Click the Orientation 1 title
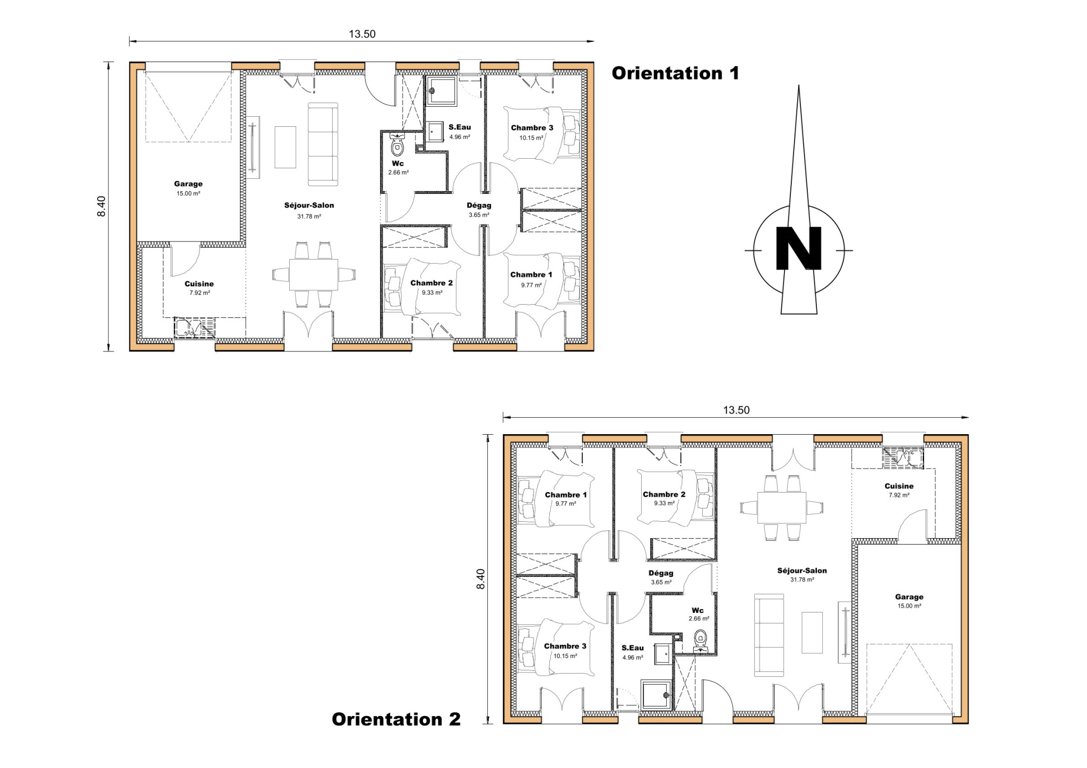pyautogui.click(x=675, y=73)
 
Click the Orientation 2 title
pyautogui.click(x=396, y=719)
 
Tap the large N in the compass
pyautogui.click(x=798, y=249)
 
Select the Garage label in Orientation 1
pyautogui.click(x=188, y=184)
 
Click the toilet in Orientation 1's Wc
pyautogui.click(x=398, y=146)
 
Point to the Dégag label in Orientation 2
pyautogui.click(x=661, y=573)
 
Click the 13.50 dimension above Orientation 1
pyautogui.click(x=362, y=34)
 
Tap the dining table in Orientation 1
pyautogui.click(x=313, y=274)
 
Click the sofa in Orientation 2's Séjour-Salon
pyautogui.click(x=769, y=635)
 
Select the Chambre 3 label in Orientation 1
pyautogui.click(x=532, y=128)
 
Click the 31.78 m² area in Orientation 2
pyautogui.click(x=802, y=580)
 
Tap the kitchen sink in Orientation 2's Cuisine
pyautogui.click(x=903, y=458)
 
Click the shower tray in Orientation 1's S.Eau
pyautogui.click(x=442, y=91)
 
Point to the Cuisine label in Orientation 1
pyautogui.click(x=199, y=284)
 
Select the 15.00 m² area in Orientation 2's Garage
pyautogui.click(x=909, y=606)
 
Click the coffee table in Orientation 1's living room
pyautogui.click(x=285, y=147)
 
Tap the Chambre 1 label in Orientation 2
pyautogui.click(x=566, y=495)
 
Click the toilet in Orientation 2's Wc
pyautogui.click(x=701, y=640)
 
